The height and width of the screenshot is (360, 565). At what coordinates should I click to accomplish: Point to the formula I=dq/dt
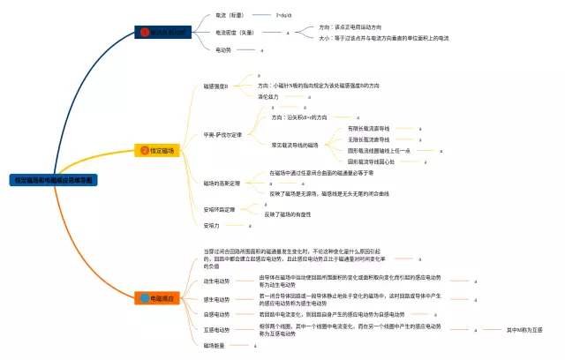pyautogui.click(x=285, y=15)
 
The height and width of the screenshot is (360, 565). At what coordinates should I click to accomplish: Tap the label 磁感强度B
pyautogui.click(x=216, y=86)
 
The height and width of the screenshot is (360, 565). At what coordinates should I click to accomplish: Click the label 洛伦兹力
pyautogui.click(x=268, y=96)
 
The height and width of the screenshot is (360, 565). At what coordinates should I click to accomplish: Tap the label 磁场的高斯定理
pyautogui.click(x=222, y=184)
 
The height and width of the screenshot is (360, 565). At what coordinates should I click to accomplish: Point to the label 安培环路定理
pyautogui.click(x=220, y=210)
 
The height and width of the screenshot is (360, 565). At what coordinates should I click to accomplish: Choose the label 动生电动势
pyautogui.click(x=217, y=281)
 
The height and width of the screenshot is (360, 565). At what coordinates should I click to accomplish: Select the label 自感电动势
pyautogui.click(x=217, y=314)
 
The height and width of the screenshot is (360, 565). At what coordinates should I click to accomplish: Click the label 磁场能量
pyautogui.click(x=215, y=345)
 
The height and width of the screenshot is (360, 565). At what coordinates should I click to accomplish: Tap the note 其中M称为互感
pyautogui.click(x=524, y=330)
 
